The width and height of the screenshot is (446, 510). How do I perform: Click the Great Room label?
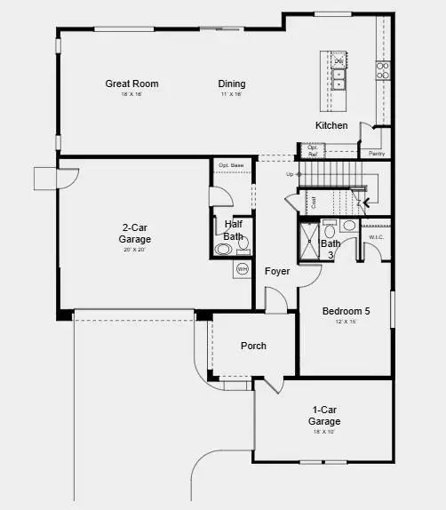[x=131, y=84]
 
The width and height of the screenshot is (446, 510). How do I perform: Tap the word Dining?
[x=232, y=84]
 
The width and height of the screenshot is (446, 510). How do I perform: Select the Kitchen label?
[x=331, y=125]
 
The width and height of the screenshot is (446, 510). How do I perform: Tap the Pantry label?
[x=377, y=154]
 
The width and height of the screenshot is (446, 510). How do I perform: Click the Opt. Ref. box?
[x=313, y=151]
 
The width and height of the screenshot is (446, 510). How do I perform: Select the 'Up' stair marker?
[x=290, y=174]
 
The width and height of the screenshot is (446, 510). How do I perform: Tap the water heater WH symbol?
[x=241, y=267]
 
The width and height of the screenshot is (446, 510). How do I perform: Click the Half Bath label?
[x=233, y=231]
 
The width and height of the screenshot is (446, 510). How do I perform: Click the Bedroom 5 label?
[x=346, y=312]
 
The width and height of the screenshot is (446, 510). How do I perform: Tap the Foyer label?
[x=277, y=271]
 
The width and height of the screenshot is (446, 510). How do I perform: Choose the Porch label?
[x=253, y=346]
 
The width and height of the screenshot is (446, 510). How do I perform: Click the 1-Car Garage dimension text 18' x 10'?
[x=323, y=432]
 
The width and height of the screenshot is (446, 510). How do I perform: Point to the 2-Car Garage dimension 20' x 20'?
[x=135, y=251]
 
